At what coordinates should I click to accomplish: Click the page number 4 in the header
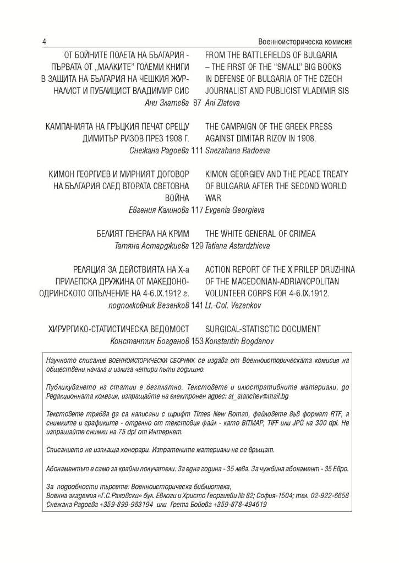(x=44, y=42)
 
